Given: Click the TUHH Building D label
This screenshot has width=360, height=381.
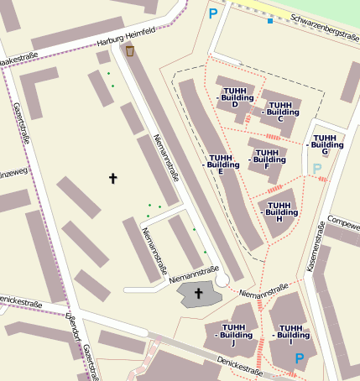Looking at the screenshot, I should pyautogui.click(x=235, y=97).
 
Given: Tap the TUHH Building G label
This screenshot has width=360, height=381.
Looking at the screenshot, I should pyautogui.click(x=325, y=144).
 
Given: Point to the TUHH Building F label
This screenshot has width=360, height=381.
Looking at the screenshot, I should pyautogui.click(x=268, y=159).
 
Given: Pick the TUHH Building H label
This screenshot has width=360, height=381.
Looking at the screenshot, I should pyautogui.click(x=279, y=211).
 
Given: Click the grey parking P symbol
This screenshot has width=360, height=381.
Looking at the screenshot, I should pyautogui.click(x=317, y=170).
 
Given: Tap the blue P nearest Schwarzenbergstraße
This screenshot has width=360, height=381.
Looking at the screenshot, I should pyautogui.click(x=213, y=13).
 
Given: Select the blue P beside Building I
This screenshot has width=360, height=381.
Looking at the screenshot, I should pyautogui.click(x=299, y=359).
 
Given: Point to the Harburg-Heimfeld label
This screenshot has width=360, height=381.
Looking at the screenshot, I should pyautogui.click(x=126, y=37).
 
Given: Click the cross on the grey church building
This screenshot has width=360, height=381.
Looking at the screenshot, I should pyautogui.click(x=199, y=293).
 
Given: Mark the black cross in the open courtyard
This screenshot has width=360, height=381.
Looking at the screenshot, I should pyautogui.click(x=113, y=178).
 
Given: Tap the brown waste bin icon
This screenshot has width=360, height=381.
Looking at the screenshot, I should pyautogui.click(x=130, y=51).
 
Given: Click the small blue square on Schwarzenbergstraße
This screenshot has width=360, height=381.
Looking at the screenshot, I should pyautogui.click(x=269, y=20).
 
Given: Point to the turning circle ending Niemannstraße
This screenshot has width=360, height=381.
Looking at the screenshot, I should pyautogui.click(x=222, y=279).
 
